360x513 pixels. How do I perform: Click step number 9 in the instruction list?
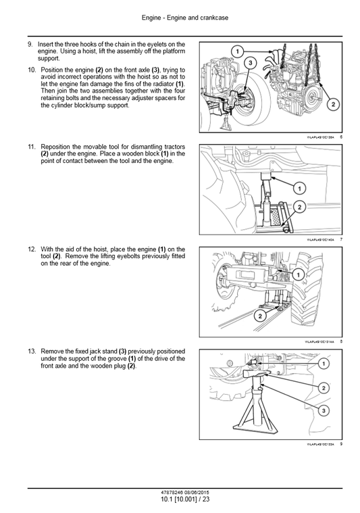[30, 44]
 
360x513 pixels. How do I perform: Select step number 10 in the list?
[31, 69]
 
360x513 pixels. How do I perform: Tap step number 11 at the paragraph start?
[31, 146]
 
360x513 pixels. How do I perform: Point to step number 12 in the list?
[31, 249]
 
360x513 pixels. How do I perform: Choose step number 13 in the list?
[31, 351]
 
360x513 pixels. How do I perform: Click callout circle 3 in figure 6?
[250, 63]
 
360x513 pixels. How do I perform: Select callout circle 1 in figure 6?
[237, 51]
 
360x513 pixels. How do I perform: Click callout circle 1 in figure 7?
[299, 188]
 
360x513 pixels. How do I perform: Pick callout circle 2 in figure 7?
[299, 206]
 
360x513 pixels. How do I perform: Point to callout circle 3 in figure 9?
[323, 411]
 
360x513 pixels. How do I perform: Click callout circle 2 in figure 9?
[323, 387]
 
